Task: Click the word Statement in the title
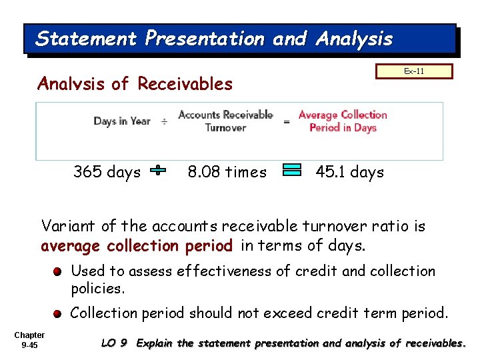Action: point(87,39)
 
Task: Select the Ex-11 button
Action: point(414,71)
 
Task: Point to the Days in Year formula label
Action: point(122,121)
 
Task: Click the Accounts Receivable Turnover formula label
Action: point(225,121)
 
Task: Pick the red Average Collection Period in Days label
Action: point(343,121)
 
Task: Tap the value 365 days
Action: point(107,172)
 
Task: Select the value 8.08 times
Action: point(227,172)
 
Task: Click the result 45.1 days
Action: point(349,172)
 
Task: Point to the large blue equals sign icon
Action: point(292,170)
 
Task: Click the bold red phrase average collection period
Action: point(137,246)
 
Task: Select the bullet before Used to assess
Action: point(59,272)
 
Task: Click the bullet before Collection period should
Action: point(59,313)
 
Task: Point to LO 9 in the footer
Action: point(114,343)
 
